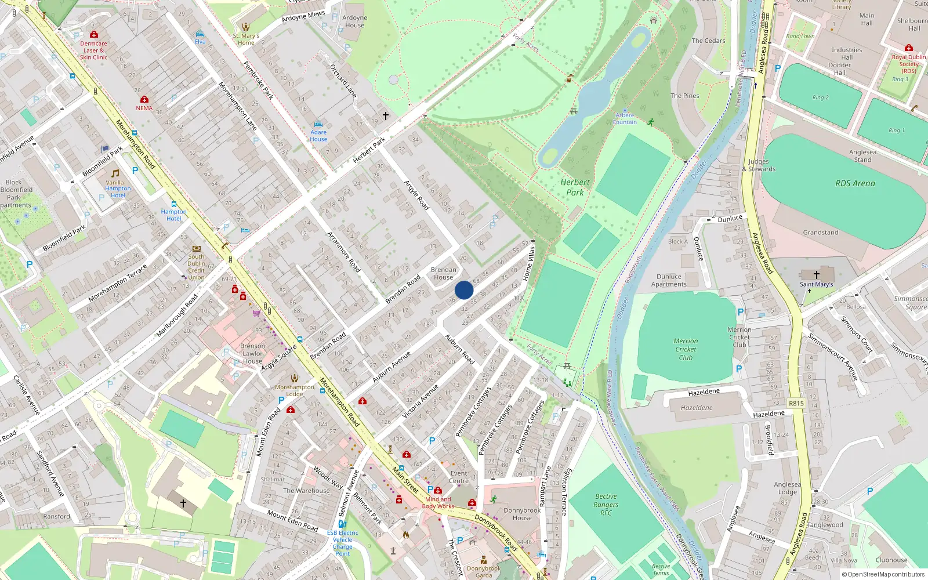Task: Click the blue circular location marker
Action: pyautogui.click(x=464, y=290)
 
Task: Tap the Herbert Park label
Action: pyautogui.click(x=575, y=187)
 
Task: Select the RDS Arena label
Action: pyautogui.click(x=855, y=183)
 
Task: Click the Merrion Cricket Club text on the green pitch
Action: pyautogui.click(x=686, y=349)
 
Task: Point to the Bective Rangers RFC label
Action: pyautogui.click(x=606, y=505)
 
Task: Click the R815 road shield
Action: pyautogui.click(x=796, y=403)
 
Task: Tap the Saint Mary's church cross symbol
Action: pyautogui.click(x=816, y=274)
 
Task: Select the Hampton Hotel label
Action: pyautogui.click(x=173, y=215)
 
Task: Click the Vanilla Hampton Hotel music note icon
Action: pyautogui.click(x=115, y=173)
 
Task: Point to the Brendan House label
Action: pyautogui.click(x=443, y=273)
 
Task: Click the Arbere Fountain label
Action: pyautogui.click(x=625, y=119)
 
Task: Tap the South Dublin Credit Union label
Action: pyautogui.click(x=196, y=267)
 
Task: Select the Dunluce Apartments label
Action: pyautogui.click(x=669, y=280)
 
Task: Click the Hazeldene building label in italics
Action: pyautogui.click(x=697, y=408)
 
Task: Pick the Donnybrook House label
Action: pyautogui.click(x=522, y=514)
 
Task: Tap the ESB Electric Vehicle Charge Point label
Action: pyautogui.click(x=342, y=543)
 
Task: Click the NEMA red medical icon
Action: pyautogui.click(x=144, y=99)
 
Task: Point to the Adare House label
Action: pyautogui.click(x=318, y=136)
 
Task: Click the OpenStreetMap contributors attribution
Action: pyautogui.click(x=883, y=574)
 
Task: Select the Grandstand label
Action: pyautogui.click(x=820, y=233)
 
